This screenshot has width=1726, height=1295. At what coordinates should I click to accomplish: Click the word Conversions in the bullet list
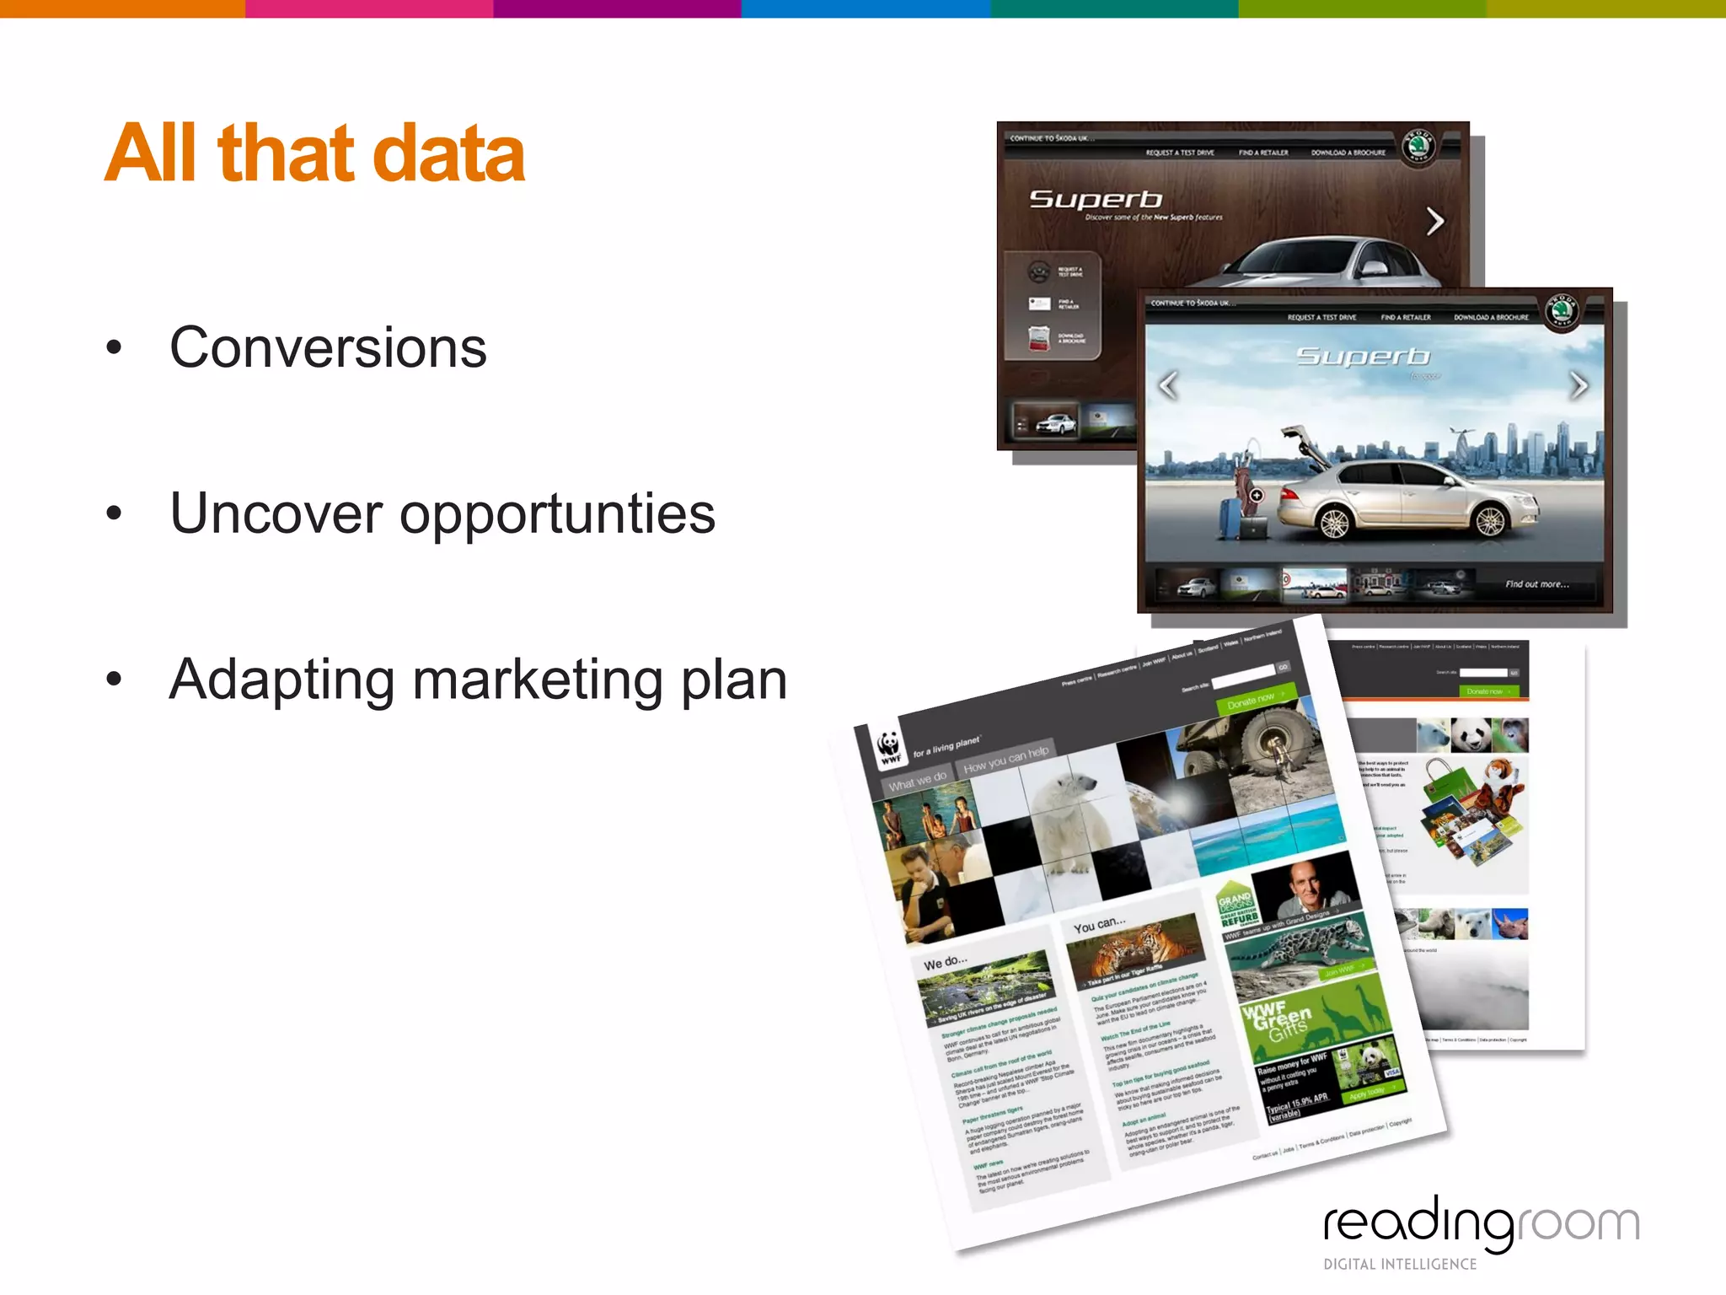tap(328, 347)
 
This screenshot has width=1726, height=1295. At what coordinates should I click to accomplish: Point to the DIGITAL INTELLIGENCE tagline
tap(1400, 1264)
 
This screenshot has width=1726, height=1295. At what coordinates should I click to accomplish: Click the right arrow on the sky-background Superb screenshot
tap(1579, 385)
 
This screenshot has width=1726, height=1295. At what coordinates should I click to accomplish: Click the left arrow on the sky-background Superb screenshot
tap(1168, 385)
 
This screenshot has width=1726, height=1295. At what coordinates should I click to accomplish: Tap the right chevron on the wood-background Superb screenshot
tap(1435, 222)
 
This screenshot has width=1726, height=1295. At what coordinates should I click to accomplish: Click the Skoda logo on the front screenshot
tap(1561, 310)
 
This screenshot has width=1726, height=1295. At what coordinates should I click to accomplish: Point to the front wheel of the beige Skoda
tap(1335, 523)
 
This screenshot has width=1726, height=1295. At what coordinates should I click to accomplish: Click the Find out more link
tap(1537, 584)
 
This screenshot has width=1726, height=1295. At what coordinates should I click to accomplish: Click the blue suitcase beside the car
tap(1232, 519)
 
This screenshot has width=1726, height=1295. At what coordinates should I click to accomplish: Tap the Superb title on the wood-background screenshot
tap(1096, 199)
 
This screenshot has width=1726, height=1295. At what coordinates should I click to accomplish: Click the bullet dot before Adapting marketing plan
tap(115, 679)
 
